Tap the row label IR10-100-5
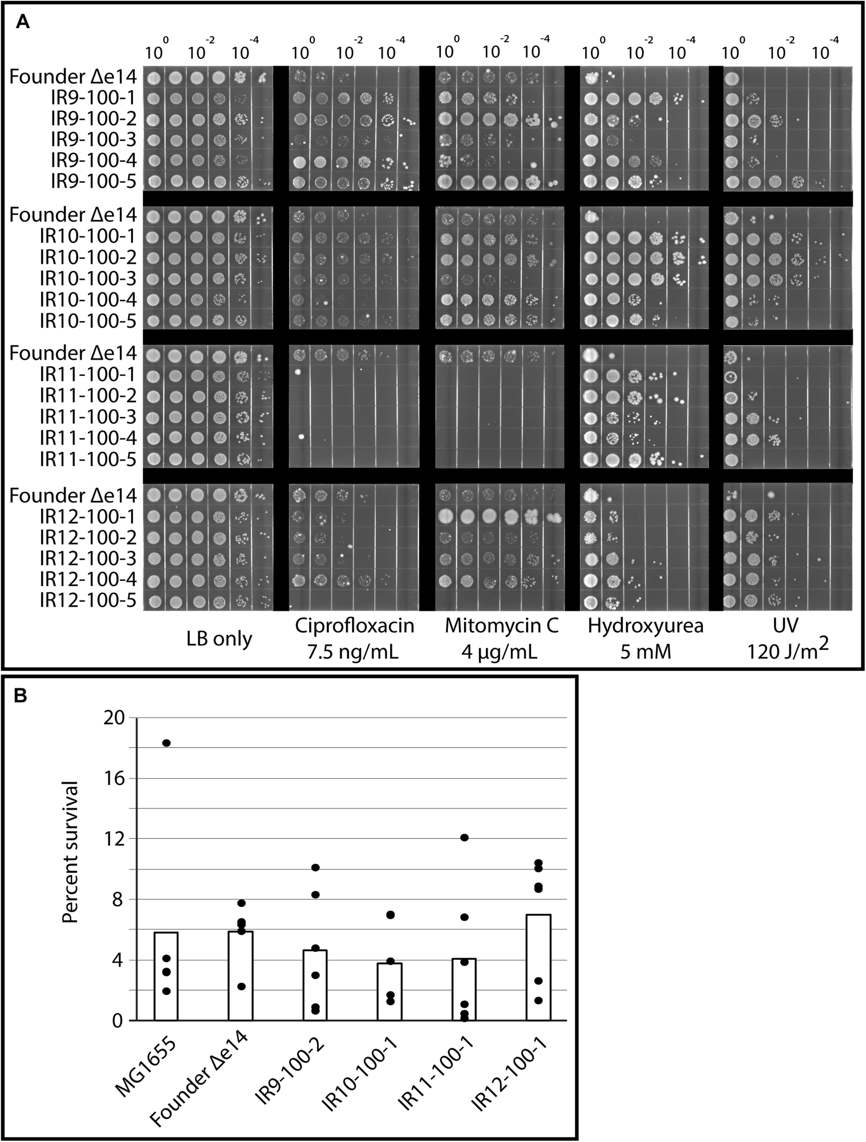point(88,321)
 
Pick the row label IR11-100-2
point(88,396)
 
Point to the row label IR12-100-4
point(88,580)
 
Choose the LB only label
point(219,639)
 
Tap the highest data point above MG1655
point(166,743)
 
